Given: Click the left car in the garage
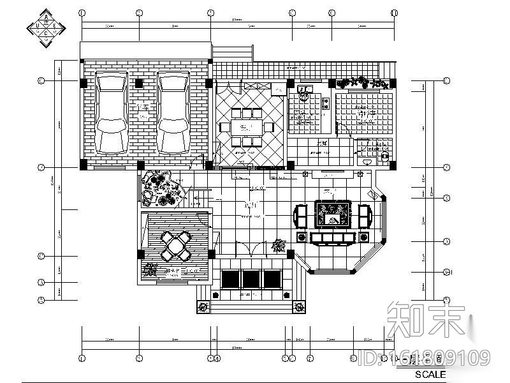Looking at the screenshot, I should point(112,112).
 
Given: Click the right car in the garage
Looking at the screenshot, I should point(174,112).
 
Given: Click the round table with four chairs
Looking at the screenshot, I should point(176,246).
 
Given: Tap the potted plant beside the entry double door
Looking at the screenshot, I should point(277,245).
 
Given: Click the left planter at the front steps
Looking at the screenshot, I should point(203,307).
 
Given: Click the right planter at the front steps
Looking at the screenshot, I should point(298,307).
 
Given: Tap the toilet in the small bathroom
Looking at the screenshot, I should point(384,154).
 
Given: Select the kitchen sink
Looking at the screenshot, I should point(304,91).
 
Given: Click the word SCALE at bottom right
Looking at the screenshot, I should point(431,374).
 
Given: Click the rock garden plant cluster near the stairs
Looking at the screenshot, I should point(159,189).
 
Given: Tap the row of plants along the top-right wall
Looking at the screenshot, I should point(361,82).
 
